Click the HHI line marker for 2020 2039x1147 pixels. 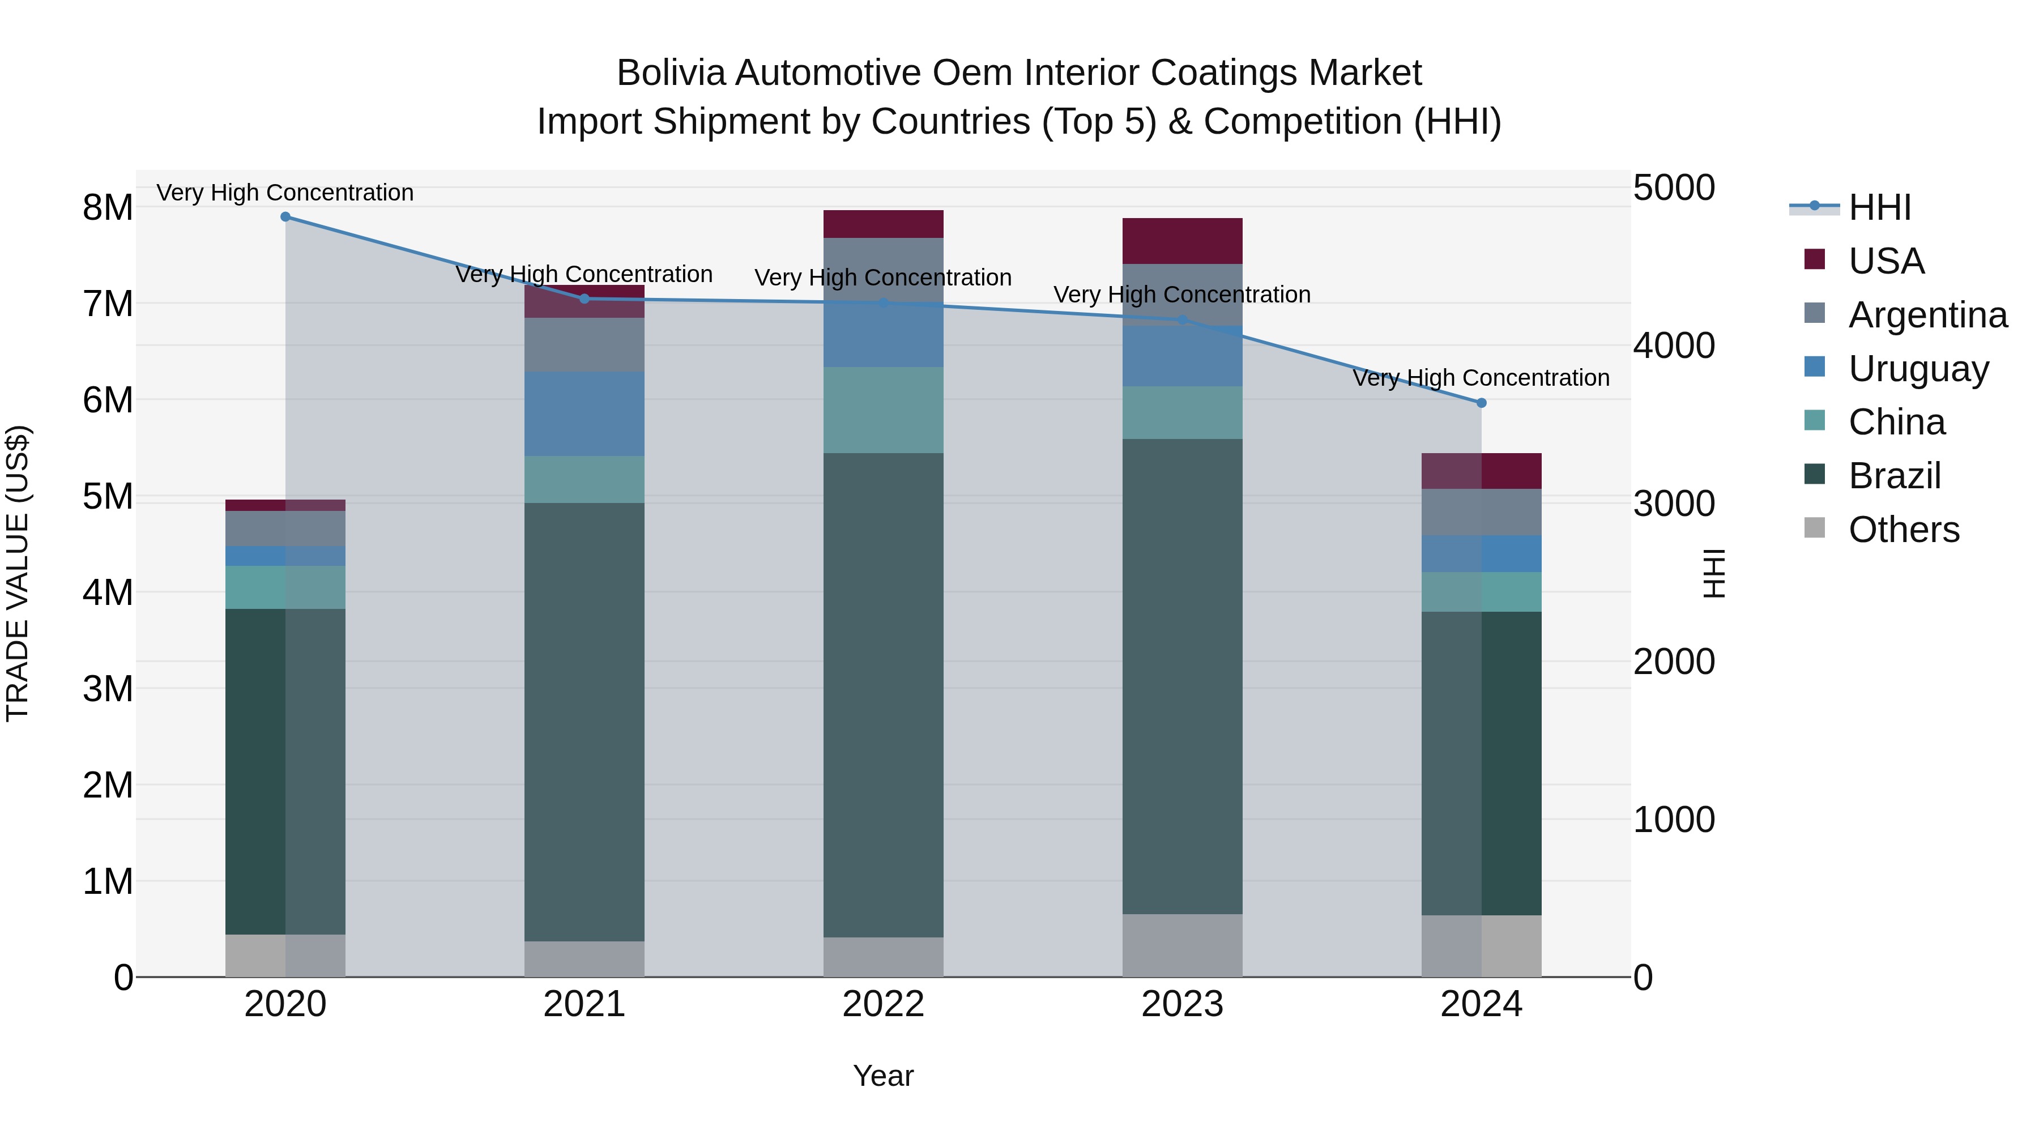tap(286, 217)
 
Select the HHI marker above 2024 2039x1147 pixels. tap(1482, 403)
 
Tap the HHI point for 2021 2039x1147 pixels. tap(585, 299)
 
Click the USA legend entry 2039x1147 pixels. tap(1886, 261)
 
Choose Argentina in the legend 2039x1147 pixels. tap(1927, 315)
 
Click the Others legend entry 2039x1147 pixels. tap(1904, 530)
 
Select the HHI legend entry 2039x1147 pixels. tap(1879, 207)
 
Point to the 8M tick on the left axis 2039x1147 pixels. tap(108, 207)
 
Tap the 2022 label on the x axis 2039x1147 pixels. tap(884, 1004)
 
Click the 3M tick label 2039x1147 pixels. tap(108, 689)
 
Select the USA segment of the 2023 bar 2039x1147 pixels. tap(1183, 241)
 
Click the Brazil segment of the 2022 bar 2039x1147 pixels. tap(884, 695)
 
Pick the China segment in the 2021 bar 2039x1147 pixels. tap(585, 480)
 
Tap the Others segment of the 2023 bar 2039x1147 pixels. tap(1183, 946)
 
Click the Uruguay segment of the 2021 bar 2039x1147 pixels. tap(585, 414)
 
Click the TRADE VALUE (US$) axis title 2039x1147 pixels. tap(18, 573)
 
